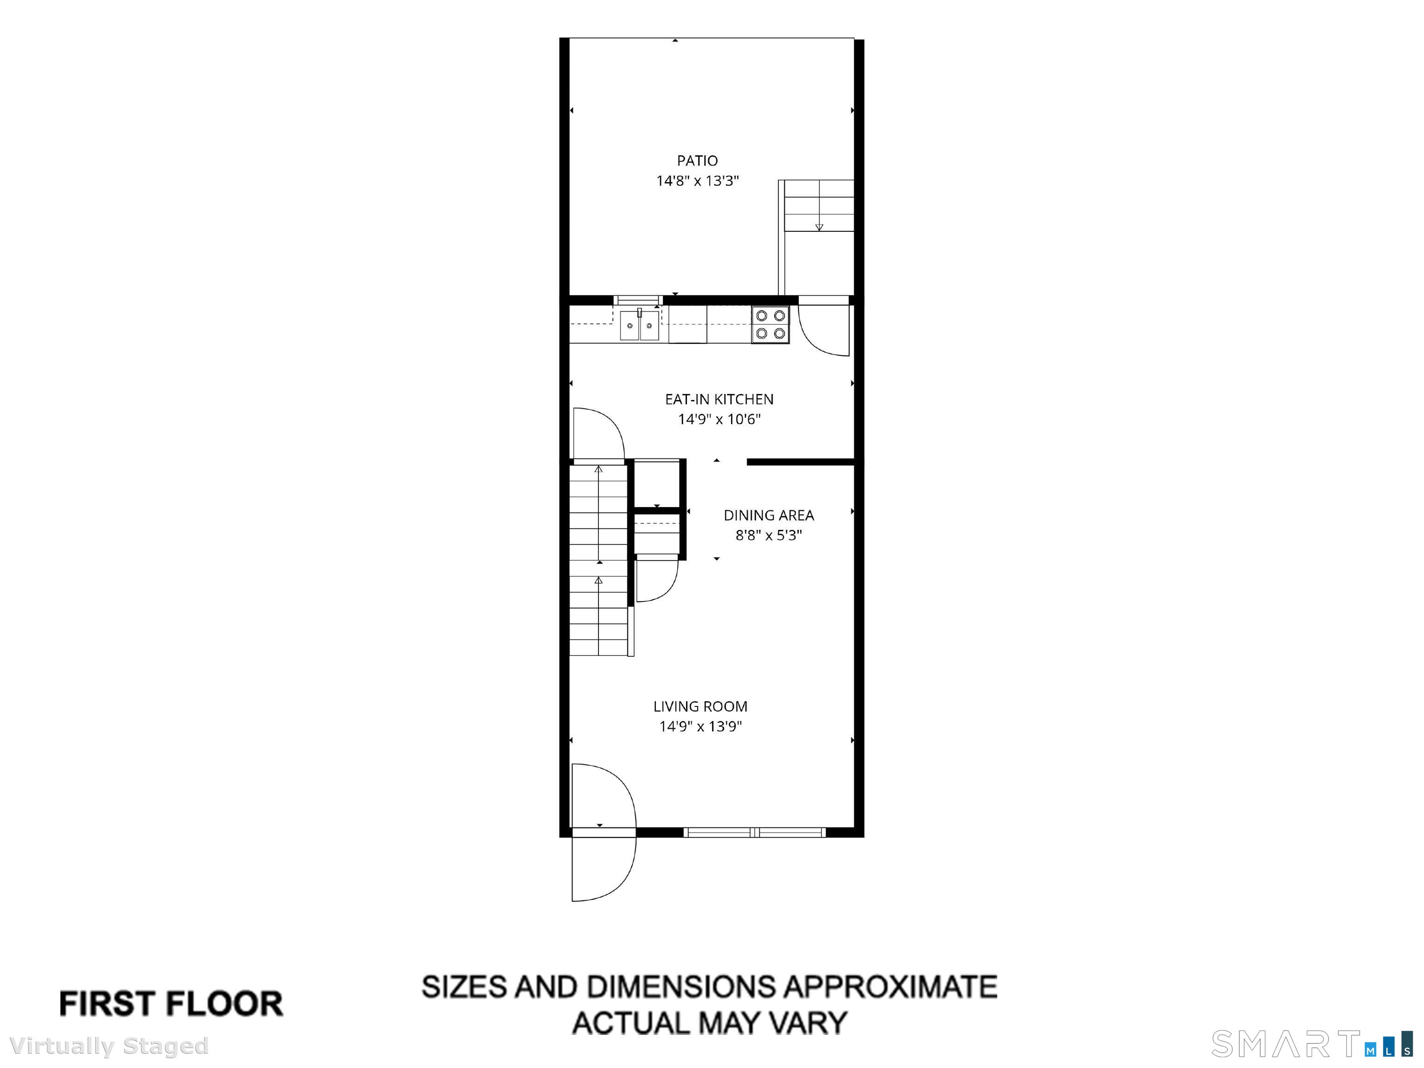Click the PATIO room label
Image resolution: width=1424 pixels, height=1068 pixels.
tap(697, 160)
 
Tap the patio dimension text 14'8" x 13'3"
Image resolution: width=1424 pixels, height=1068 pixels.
tap(697, 181)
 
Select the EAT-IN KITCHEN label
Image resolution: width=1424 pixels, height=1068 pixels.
tap(719, 399)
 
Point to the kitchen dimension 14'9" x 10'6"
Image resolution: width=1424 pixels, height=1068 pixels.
tap(719, 420)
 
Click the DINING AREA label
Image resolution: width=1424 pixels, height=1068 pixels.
tap(769, 515)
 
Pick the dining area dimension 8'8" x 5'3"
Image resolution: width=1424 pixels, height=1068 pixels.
tap(769, 535)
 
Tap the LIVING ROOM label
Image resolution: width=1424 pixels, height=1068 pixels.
tap(700, 706)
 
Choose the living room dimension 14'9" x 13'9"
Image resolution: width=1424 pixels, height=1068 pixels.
tap(700, 727)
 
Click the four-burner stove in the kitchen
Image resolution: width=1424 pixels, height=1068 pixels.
tap(770, 324)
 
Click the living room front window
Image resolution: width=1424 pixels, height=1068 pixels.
tap(755, 833)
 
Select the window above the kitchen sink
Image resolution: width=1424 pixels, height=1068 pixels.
tap(637, 300)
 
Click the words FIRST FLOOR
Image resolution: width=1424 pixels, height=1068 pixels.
tap(171, 1004)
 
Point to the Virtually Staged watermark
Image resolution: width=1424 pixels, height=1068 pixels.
tap(109, 1046)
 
